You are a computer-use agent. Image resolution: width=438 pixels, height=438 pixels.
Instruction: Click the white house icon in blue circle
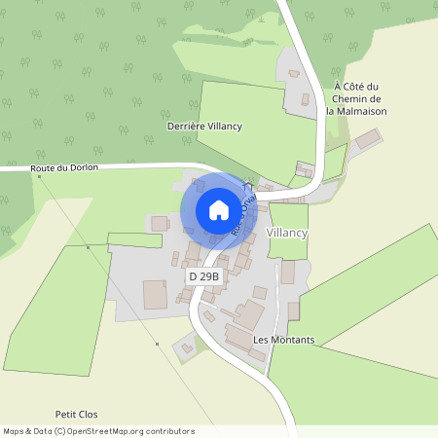(219, 209)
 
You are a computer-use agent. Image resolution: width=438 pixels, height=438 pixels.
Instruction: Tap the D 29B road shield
(204, 277)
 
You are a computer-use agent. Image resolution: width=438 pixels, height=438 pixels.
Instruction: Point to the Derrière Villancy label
(204, 128)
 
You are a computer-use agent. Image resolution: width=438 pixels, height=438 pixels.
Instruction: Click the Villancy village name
(286, 235)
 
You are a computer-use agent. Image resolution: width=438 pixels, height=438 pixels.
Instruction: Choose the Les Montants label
(283, 340)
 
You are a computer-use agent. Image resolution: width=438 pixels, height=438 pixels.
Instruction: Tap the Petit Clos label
(77, 414)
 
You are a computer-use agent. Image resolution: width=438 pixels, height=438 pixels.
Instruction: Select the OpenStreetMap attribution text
(98, 431)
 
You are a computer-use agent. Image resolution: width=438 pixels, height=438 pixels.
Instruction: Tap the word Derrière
(186, 128)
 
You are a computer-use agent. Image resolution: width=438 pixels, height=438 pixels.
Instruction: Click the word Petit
(66, 414)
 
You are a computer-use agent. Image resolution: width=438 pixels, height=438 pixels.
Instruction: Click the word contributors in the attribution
(168, 431)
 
